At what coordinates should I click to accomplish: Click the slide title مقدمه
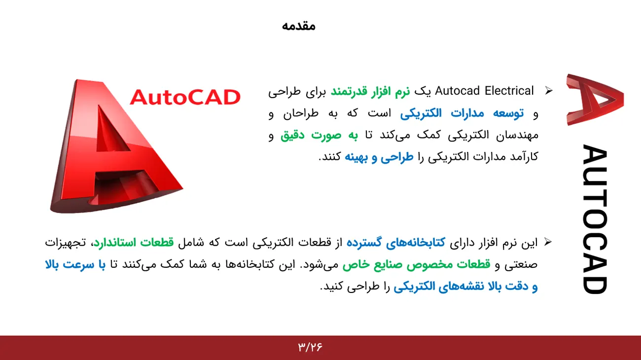(x=298, y=26)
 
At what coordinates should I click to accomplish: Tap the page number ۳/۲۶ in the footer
(x=310, y=347)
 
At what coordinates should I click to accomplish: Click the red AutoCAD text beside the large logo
(x=185, y=97)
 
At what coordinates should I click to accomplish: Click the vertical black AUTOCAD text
(x=595, y=219)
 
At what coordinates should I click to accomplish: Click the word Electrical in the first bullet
(x=509, y=91)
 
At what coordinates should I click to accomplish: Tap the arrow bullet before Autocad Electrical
(x=549, y=91)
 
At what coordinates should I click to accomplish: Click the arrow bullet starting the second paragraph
(x=548, y=242)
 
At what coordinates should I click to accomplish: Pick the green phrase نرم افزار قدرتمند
(x=370, y=92)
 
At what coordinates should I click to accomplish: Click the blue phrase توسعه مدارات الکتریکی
(x=462, y=113)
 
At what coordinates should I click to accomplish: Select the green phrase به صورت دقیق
(x=319, y=135)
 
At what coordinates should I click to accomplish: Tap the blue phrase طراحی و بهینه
(x=379, y=157)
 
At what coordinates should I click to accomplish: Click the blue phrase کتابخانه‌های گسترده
(x=396, y=243)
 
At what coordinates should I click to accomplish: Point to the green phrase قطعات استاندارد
(x=134, y=243)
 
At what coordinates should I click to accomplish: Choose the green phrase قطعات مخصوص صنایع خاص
(x=416, y=265)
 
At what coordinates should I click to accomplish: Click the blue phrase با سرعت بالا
(x=75, y=265)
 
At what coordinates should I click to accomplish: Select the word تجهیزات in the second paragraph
(x=66, y=243)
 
